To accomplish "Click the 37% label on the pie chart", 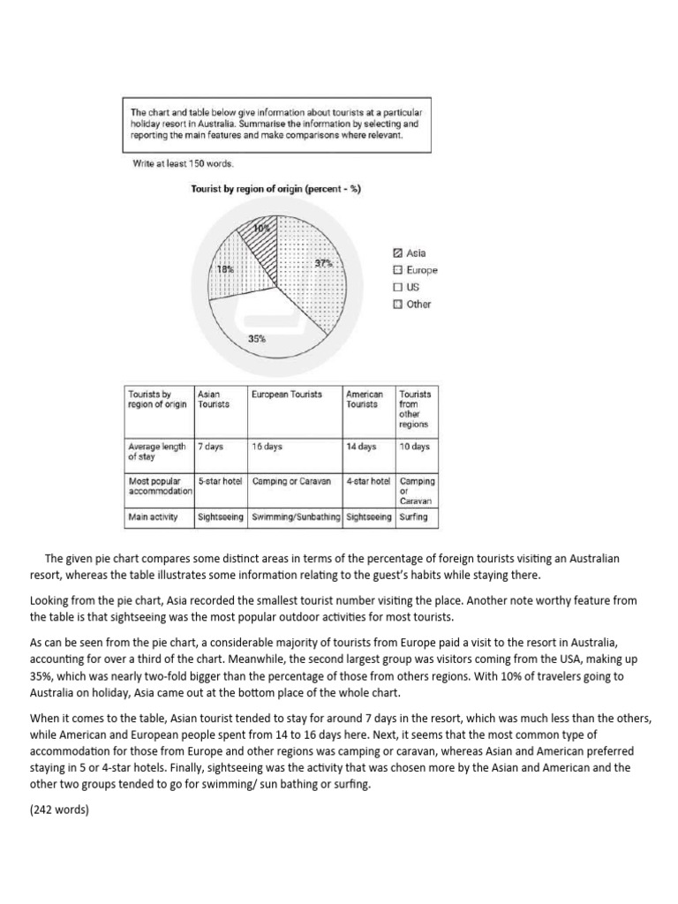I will point(322,263).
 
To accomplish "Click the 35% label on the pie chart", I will point(257,338).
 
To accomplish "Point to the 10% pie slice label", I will point(261,229).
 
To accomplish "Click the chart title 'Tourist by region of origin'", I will point(275,189).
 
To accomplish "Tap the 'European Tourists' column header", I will point(287,395).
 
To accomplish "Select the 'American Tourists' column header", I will point(364,399).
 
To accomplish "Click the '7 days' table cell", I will point(210,447).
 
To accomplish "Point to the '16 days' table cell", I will point(267,447).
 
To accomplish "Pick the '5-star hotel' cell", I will point(221,481).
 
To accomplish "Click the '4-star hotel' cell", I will point(368,481).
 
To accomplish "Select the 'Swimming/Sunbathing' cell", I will point(296,516).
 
